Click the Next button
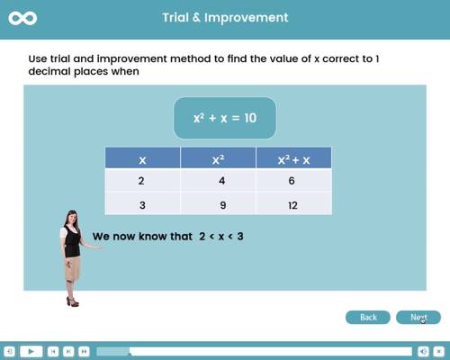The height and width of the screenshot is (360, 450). [x=418, y=317]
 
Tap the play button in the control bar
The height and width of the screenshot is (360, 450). [x=30, y=351]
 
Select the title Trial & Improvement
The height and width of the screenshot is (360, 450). [x=225, y=17]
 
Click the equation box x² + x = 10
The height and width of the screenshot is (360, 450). [x=224, y=118]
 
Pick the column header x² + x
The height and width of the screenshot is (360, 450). [x=293, y=159]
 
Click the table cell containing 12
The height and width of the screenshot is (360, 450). [x=293, y=204]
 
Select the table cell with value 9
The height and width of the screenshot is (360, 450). [x=218, y=204]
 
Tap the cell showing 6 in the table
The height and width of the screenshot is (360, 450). [x=293, y=181]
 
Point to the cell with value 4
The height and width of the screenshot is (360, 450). [x=218, y=181]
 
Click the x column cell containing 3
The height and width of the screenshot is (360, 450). [x=142, y=204]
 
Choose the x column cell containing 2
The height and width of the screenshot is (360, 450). [x=142, y=181]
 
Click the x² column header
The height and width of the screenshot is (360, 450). [x=218, y=159]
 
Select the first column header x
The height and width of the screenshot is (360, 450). [x=142, y=159]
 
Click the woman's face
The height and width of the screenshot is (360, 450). [x=70, y=220]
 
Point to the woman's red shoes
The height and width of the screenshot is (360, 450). [x=72, y=301]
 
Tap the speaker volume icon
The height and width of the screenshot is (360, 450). [x=423, y=351]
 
